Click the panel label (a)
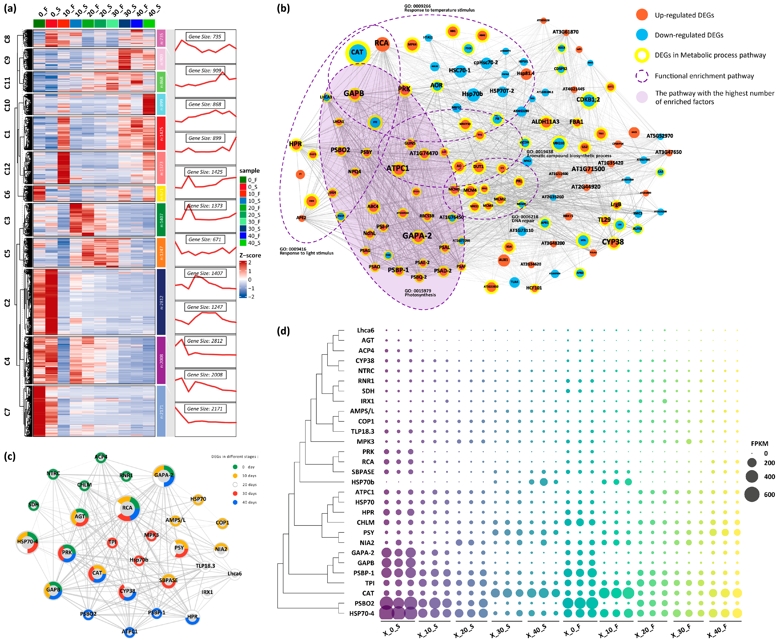(10, 8)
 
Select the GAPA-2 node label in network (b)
(417, 236)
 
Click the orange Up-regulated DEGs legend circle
(642, 15)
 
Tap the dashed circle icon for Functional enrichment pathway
(642, 76)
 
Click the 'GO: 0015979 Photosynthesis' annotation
(420, 293)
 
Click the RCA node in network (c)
(127, 508)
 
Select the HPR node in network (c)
(192, 617)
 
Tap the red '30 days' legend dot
(235, 493)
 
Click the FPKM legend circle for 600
(752, 494)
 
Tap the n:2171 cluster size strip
(161, 411)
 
